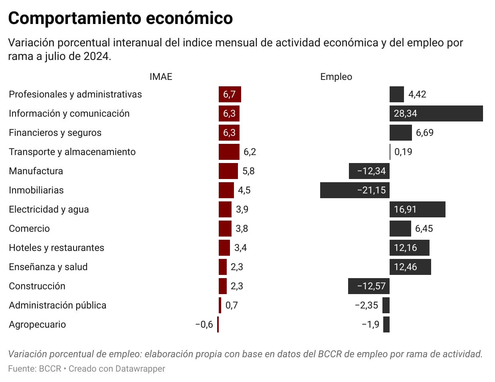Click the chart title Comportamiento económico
coord(120,18)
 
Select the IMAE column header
coord(161,77)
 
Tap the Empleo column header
coord(336,77)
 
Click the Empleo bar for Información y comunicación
coord(436,113)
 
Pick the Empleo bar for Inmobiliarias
coord(354,190)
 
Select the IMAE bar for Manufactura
coord(228,171)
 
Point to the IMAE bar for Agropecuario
coord(218,324)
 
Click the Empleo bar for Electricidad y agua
coord(417,209)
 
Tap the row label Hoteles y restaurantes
coord(56,248)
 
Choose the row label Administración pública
coord(57,305)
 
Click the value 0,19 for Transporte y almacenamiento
coord(403,152)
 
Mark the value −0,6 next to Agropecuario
coord(204,324)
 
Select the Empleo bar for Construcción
coord(369,286)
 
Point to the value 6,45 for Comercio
coord(424,229)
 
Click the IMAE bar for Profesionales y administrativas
coord(230,94)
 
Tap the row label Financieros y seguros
coord(55,133)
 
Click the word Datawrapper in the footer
coord(140,368)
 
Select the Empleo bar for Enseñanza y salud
coord(410,267)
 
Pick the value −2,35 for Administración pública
coord(366,305)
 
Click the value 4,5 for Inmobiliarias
coord(244,190)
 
